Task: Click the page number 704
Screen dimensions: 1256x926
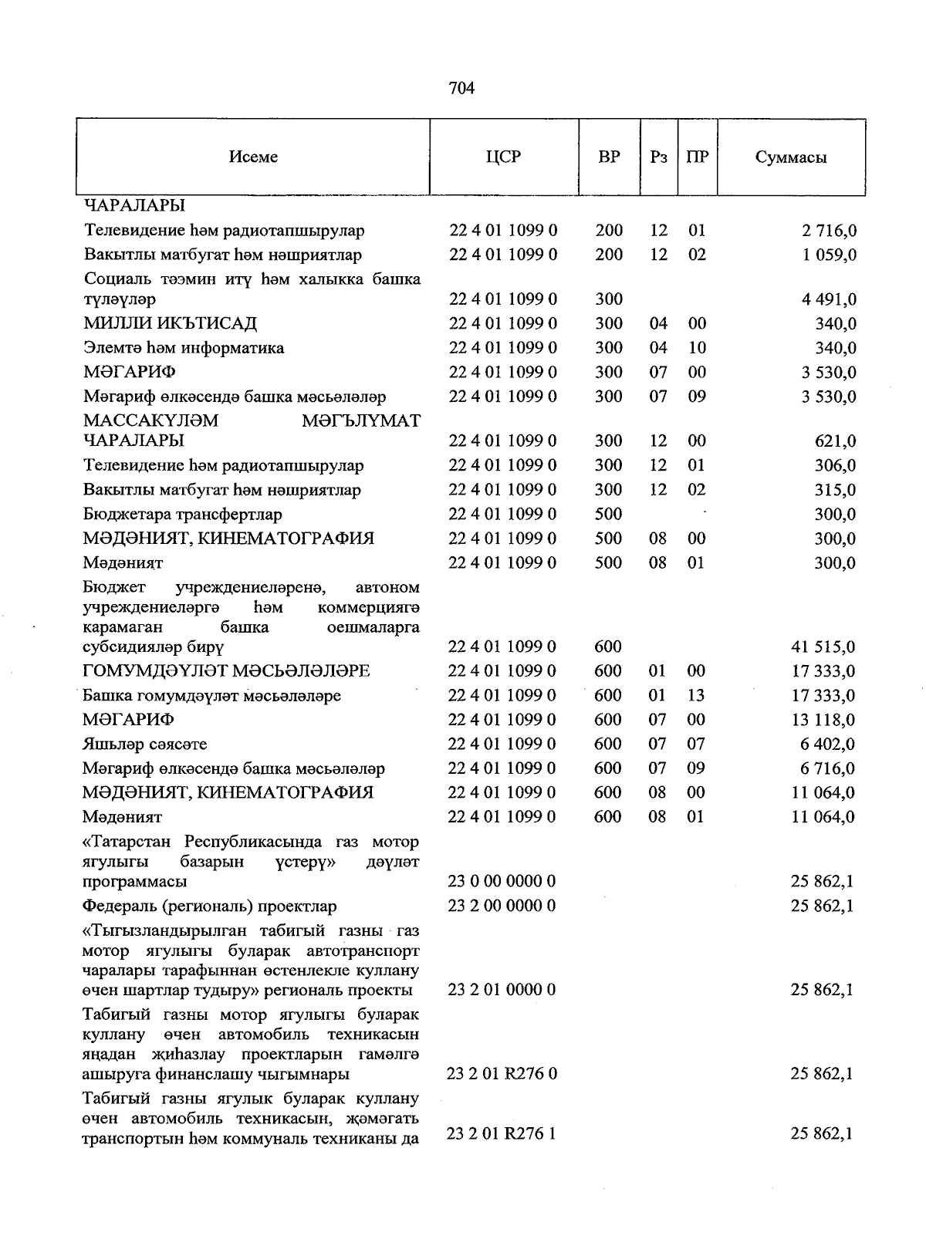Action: (x=461, y=89)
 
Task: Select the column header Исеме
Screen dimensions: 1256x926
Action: (x=253, y=157)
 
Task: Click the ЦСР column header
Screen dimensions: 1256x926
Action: (x=503, y=157)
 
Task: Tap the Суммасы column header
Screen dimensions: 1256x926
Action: (x=791, y=158)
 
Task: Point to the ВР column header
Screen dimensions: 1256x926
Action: (x=609, y=157)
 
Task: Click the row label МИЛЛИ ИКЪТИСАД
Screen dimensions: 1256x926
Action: (x=171, y=323)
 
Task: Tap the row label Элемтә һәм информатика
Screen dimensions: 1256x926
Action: (x=184, y=348)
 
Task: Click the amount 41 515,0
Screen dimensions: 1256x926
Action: (x=823, y=647)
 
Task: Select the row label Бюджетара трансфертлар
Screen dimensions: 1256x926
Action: (x=183, y=514)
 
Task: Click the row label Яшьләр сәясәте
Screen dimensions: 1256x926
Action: (x=145, y=744)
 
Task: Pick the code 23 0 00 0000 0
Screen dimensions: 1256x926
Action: (x=502, y=881)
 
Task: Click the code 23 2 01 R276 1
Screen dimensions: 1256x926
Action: (x=502, y=1134)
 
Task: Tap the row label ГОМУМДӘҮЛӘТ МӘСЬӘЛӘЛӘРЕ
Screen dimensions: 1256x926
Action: (x=226, y=671)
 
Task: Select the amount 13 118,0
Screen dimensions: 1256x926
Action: (x=823, y=720)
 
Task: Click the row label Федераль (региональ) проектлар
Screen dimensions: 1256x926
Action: (x=210, y=906)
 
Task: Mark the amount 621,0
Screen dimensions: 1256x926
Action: (x=835, y=441)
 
